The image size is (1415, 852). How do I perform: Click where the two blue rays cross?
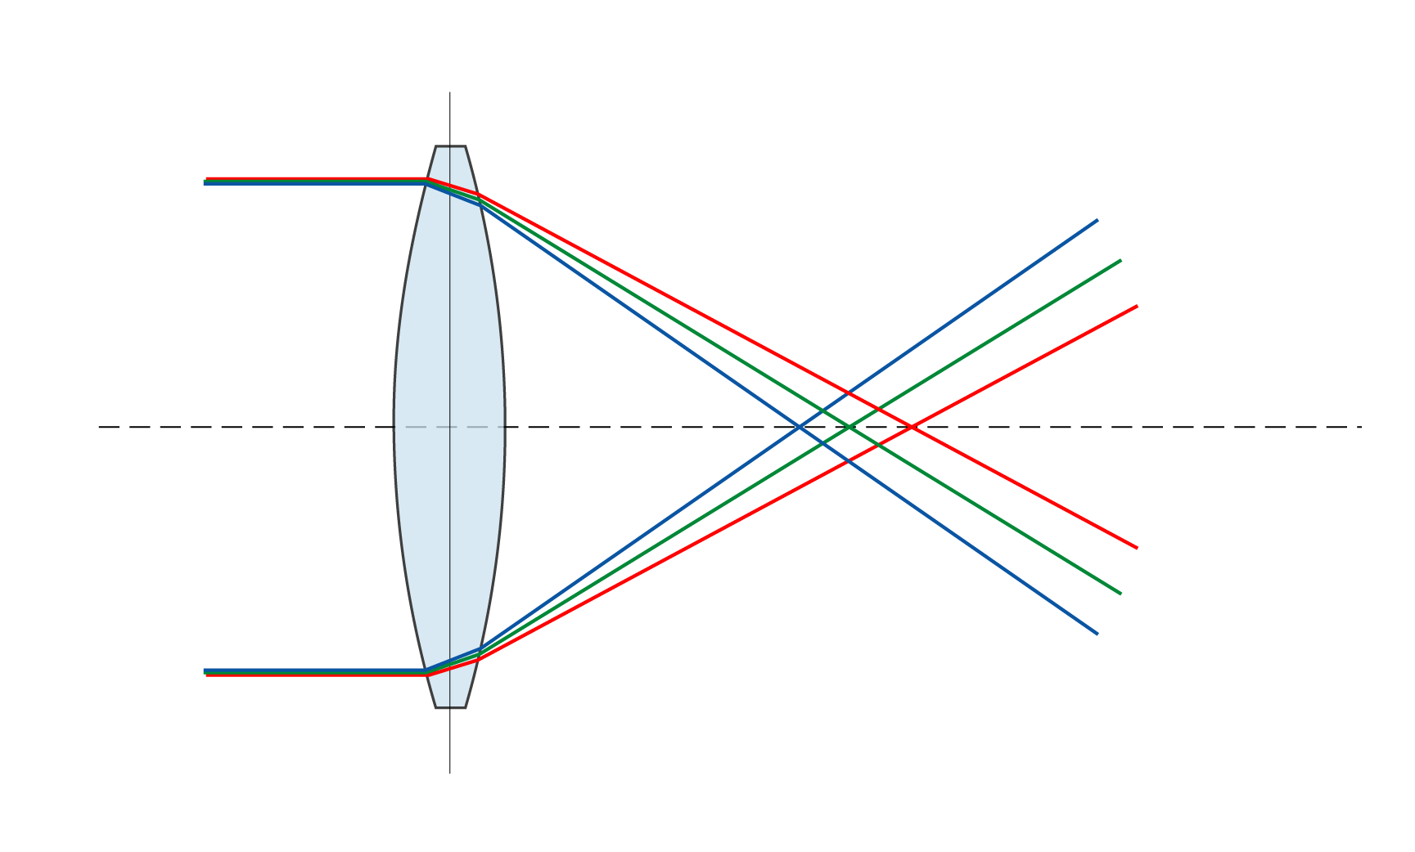click(x=800, y=427)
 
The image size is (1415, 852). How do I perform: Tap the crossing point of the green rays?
click(x=850, y=427)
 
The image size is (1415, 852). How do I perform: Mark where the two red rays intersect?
click(x=912, y=427)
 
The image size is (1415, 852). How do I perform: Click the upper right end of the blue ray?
click(x=1097, y=220)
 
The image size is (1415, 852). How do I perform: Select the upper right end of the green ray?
click(x=1120, y=261)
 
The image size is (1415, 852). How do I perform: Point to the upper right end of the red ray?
click(x=1138, y=306)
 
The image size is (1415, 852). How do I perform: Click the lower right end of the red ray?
click(x=1138, y=548)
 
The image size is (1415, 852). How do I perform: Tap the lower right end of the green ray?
click(x=1120, y=593)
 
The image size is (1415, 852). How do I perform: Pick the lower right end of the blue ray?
click(x=1097, y=634)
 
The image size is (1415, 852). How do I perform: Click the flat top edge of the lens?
click(x=450, y=148)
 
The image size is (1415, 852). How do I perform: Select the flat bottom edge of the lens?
click(x=450, y=706)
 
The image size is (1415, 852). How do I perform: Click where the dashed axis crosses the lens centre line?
click(x=449, y=427)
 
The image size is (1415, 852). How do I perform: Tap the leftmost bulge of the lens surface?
click(x=396, y=427)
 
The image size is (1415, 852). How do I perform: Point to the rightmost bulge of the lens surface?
click(x=503, y=427)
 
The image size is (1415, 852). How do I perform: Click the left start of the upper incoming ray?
click(x=205, y=181)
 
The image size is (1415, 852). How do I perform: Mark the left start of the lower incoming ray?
click(x=205, y=673)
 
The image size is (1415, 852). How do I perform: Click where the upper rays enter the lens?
click(x=426, y=181)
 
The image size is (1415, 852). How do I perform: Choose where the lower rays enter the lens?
click(x=426, y=673)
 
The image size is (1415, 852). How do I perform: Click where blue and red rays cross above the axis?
click(x=849, y=392)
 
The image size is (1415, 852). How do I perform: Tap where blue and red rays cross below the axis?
click(x=849, y=461)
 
